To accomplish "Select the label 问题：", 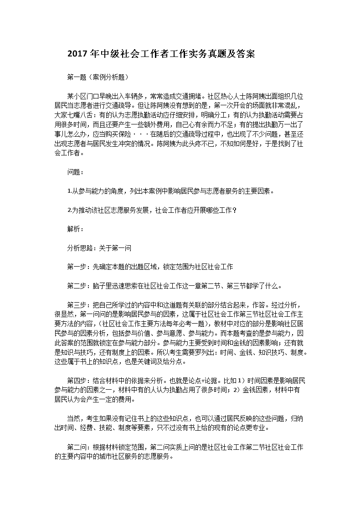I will tap(75, 172).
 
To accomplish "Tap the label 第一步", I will tap(76, 267).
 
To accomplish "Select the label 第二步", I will tap(76, 286).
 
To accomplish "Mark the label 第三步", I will tap(76, 305).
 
